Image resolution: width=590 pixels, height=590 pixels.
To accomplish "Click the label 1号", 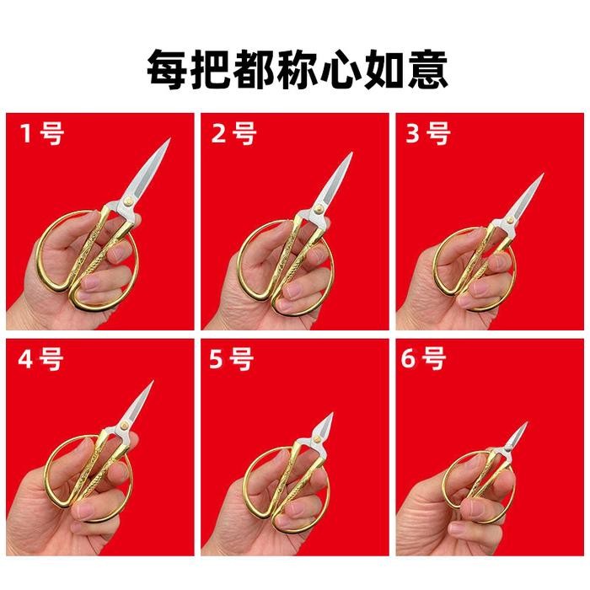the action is tap(42, 133).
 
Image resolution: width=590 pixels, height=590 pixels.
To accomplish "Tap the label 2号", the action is tap(234, 133).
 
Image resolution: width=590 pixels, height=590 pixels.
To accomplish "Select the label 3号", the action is tap(428, 133).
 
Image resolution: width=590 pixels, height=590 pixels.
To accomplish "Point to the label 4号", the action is tap(40, 358).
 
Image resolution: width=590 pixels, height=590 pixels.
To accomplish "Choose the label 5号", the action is tap(232, 358).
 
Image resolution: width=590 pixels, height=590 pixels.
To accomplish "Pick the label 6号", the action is tap(423, 358).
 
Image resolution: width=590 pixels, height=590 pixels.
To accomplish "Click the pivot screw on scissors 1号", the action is tap(128, 202).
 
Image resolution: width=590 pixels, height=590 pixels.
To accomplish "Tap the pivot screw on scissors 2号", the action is tap(319, 208).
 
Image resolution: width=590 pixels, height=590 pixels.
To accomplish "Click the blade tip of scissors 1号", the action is tap(170, 139).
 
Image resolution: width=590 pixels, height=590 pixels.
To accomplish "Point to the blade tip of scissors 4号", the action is tap(153, 382).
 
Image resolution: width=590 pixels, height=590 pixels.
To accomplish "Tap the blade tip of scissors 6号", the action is tap(527, 423).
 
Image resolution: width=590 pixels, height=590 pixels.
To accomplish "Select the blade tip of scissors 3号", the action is tap(544, 174).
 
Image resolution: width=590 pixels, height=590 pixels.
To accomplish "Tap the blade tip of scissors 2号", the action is tap(351, 153).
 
